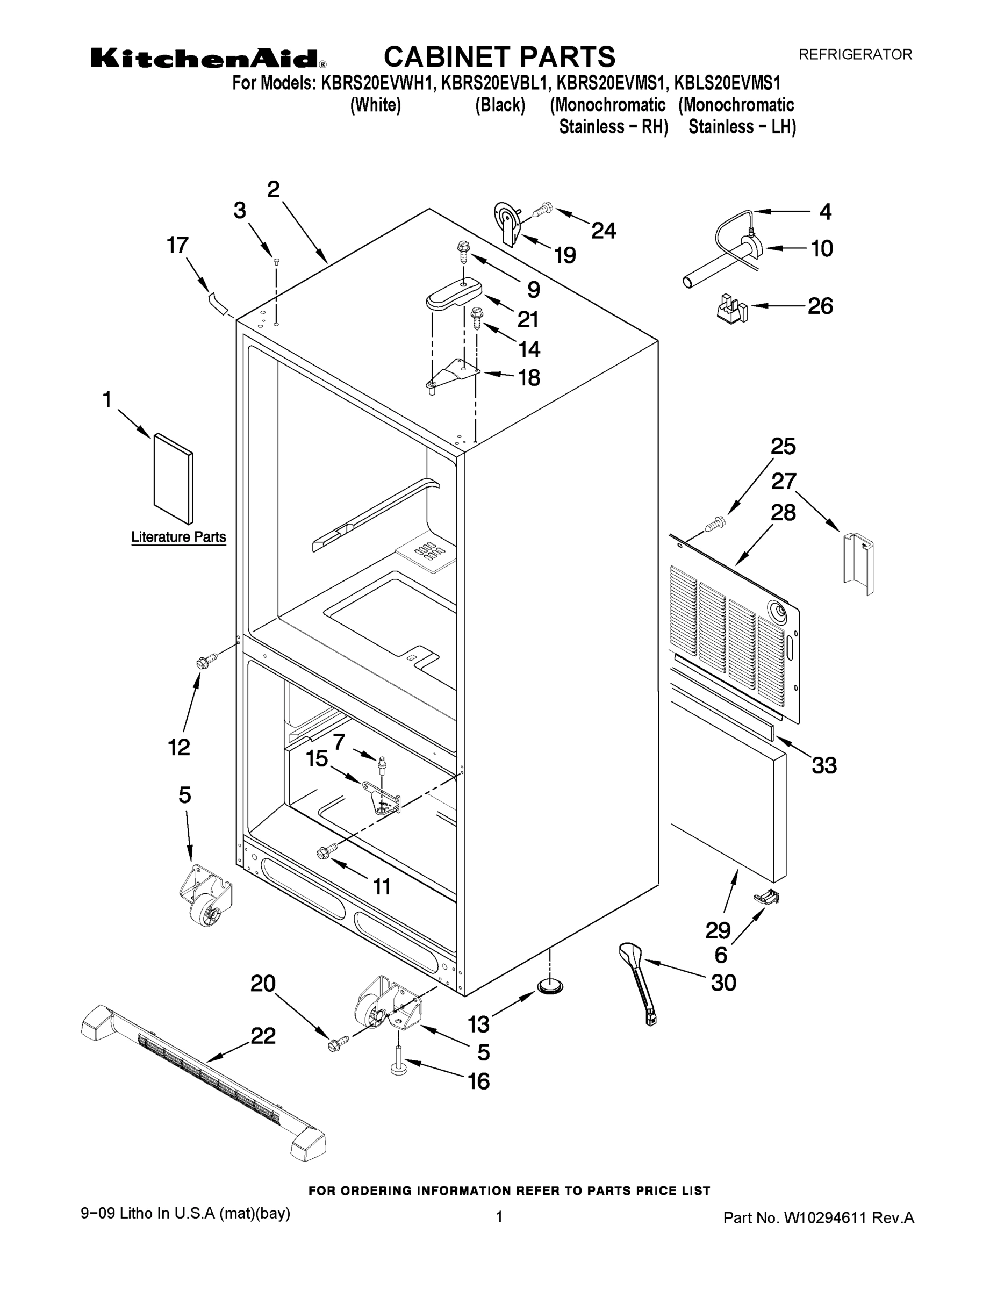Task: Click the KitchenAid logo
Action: point(207,59)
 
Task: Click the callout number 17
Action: point(177,245)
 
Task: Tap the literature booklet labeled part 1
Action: point(173,478)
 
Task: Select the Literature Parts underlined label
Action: point(178,537)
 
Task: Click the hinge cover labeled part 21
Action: point(454,293)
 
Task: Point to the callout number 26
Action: point(820,305)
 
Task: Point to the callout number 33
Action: point(824,765)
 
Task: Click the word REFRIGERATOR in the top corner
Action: point(855,54)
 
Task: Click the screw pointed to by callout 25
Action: point(715,523)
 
